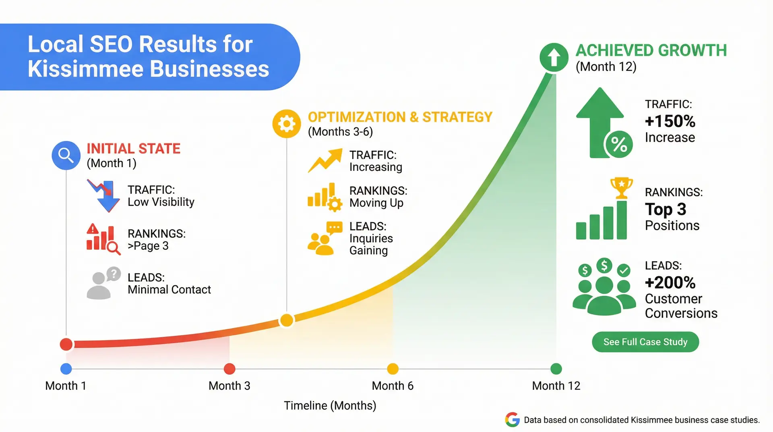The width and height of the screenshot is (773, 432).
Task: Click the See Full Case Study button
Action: (x=645, y=342)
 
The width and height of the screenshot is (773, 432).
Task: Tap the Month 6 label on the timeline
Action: (x=393, y=386)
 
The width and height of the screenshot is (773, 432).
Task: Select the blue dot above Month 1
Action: (x=66, y=368)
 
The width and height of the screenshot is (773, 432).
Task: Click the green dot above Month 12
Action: (x=556, y=368)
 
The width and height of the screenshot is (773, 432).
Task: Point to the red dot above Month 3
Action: (x=229, y=368)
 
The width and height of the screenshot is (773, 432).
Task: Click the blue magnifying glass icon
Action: (x=66, y=155)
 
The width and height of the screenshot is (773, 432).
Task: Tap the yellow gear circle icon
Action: (x=287, y=124)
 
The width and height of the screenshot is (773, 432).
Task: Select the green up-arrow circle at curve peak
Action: (x=554, y=57)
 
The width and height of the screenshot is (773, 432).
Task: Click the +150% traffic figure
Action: (x=670, y=121)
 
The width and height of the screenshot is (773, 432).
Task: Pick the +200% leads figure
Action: (x=670, y=282)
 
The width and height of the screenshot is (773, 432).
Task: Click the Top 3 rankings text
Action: (x=665, y=209)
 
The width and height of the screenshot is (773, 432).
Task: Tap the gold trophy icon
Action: (x=622, y=187)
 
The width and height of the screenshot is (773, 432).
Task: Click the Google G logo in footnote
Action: (x=513, y=420)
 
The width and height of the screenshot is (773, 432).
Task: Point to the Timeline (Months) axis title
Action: (x=330, y=405)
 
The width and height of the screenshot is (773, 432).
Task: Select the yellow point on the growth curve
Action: (x=287, y=320)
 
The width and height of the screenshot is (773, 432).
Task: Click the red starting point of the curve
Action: (x=66, y=344)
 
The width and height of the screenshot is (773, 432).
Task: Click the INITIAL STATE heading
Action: (x=133, y=148)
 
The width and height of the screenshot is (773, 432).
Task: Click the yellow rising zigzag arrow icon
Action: (x=325, y=160)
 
